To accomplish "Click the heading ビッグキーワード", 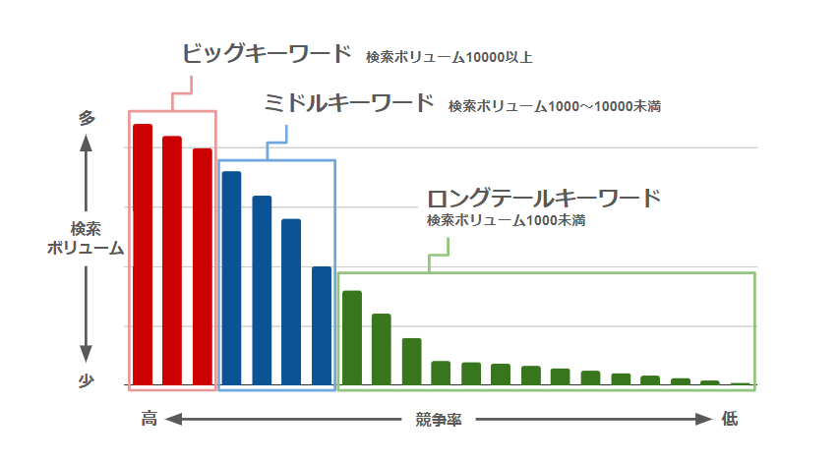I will [266, 53].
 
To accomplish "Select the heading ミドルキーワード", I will [349, 102].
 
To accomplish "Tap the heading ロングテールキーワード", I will [543, 198].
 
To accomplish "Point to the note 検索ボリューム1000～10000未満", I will [554, 106].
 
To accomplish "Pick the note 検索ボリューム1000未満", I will [506, 221].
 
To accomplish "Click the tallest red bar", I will [143, 254].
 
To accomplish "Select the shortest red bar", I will [203, 265].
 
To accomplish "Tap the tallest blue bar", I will [231, 277].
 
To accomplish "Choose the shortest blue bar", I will [322, 324].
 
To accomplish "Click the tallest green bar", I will [352, 336].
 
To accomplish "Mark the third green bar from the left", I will [412, 361].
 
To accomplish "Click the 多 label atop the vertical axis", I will [87, 118].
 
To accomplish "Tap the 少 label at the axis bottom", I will [87, 382].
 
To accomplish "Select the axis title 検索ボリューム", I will [86, 238].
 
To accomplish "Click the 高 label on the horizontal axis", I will [149, 419].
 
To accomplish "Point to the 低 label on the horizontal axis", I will [729, 419].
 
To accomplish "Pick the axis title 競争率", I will [439, 420].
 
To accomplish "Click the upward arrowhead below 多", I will [87, 143].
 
